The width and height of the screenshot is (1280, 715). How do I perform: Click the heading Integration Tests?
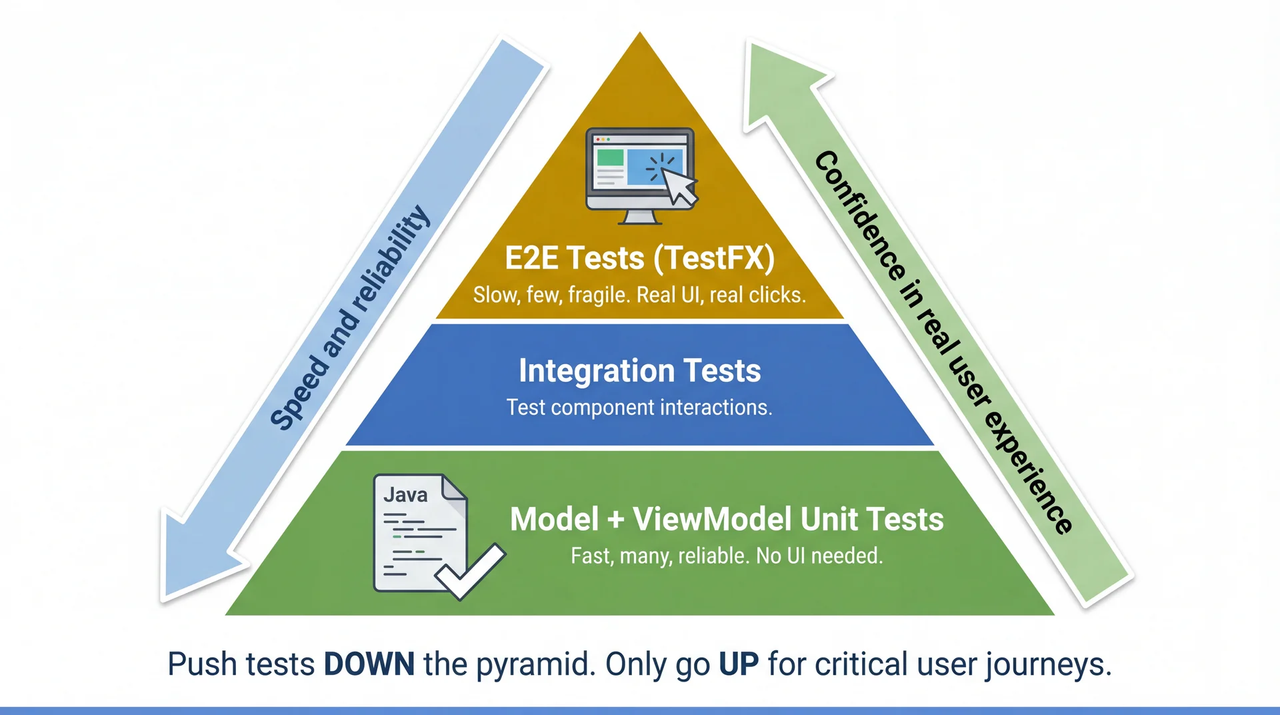639,371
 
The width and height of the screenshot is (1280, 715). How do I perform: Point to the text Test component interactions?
639,408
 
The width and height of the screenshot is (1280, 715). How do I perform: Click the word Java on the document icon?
405,495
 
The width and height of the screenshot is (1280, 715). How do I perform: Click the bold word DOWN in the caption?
369,664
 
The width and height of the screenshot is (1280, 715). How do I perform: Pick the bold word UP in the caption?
739,664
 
